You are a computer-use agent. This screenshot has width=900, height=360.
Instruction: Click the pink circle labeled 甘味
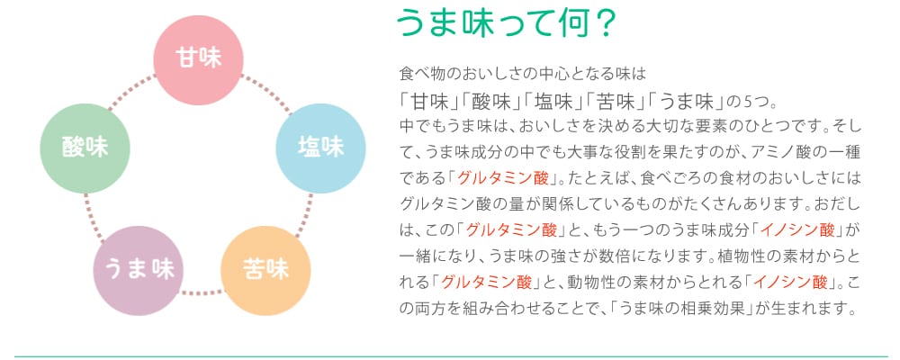199,60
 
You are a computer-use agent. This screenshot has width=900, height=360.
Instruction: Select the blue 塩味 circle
321,148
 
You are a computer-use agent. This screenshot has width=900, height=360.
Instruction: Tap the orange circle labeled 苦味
265,270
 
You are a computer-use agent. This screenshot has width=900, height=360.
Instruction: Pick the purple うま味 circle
139,270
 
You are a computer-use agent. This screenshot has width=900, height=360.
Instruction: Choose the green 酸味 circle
85,148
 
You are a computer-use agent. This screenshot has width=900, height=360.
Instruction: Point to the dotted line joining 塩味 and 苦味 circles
304,215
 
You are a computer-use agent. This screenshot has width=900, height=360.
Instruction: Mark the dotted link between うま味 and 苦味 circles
202,292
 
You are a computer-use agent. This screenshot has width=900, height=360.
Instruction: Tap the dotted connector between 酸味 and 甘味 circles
132,92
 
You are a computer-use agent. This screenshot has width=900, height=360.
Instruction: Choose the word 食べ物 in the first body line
420,74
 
